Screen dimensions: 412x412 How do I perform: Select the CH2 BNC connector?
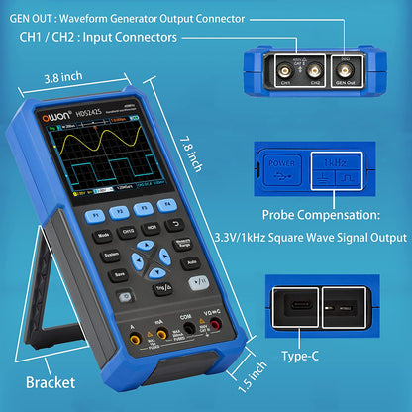pyautogui.click(x=316, y=71)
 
